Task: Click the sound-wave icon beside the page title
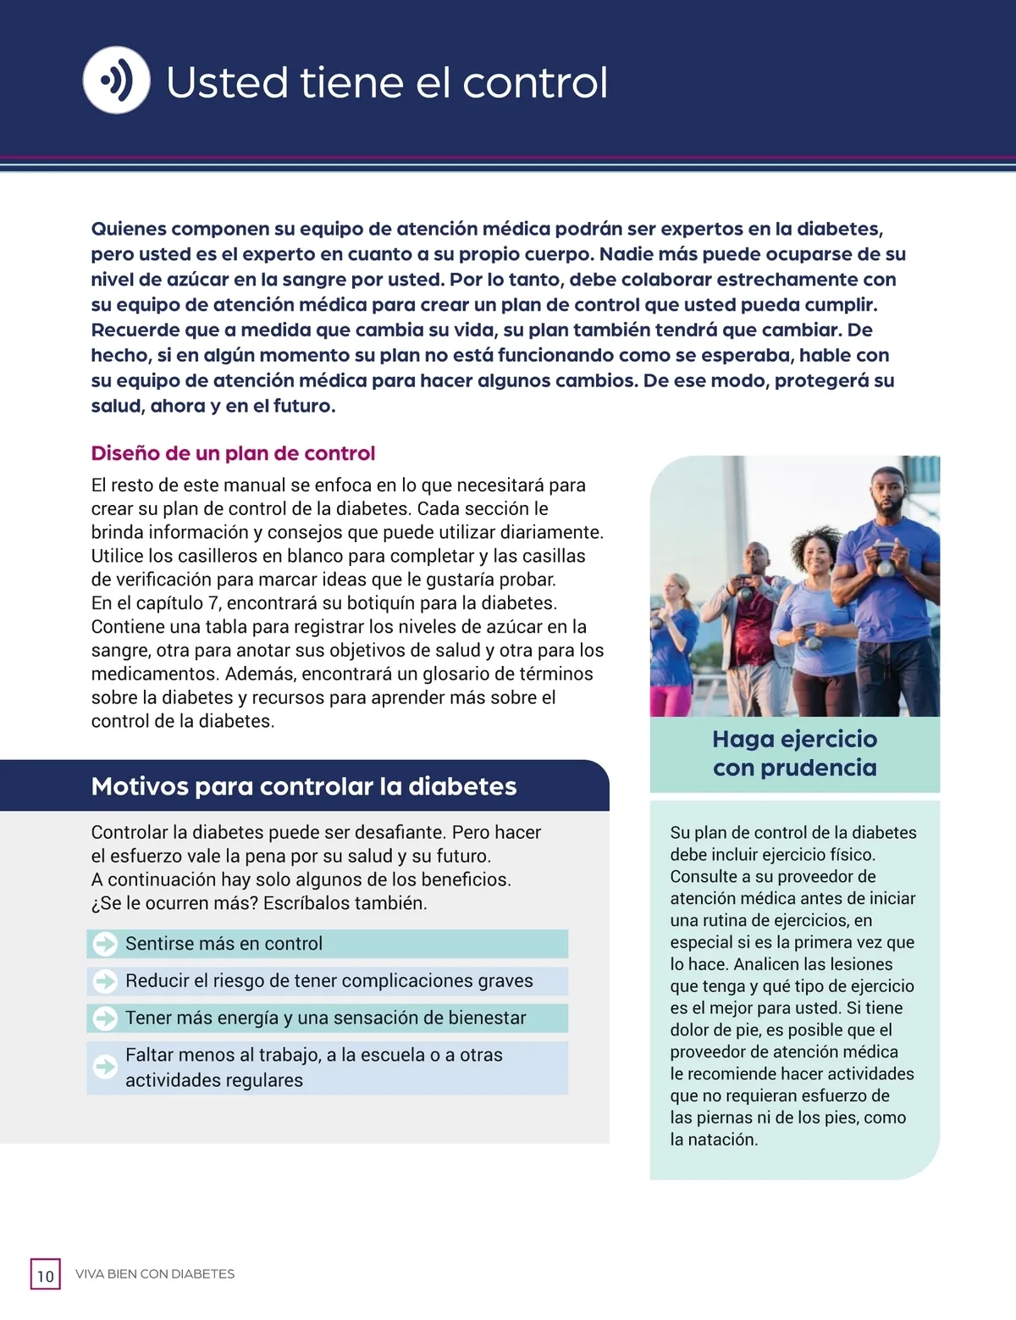click(x=117, y=80)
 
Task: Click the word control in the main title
click(x=535, y=83)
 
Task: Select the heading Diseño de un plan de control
click(x=233, y=453)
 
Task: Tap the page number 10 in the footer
click(x=46, y=1275)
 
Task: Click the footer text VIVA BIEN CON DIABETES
click(x=155, y=1274)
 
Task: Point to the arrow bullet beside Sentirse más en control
click(x=105, y=944)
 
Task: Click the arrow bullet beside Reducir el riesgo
click(x=105, y=981)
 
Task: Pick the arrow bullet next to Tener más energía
click(x=105, y=1018)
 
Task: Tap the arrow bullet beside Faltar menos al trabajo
click(x=105, y=1067)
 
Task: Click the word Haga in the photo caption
click(x=743, y=739)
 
